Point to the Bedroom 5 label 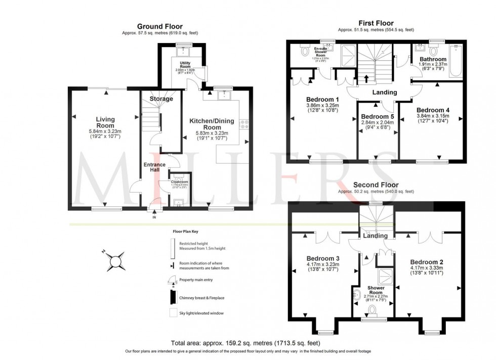pyautogui.click(x=376, y=117)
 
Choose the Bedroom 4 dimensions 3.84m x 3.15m pyautogui.click(x=432, y=116)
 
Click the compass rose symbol pyautogui.click(x=116, y=260)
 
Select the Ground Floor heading pyautogui.click(x=160, y=26)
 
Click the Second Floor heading pyautogui.click(x=376, y=185)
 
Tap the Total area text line pyautogui.click(x=248, y=342)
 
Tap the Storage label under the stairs pyautogui.click(x=160, y=99)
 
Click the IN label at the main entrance pyautogui.click(x=154, y=217)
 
